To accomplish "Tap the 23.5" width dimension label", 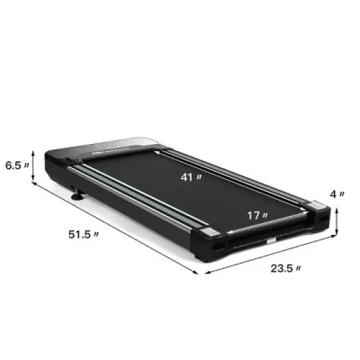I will pos(287,268).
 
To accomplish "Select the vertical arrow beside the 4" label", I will pos(336,221).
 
